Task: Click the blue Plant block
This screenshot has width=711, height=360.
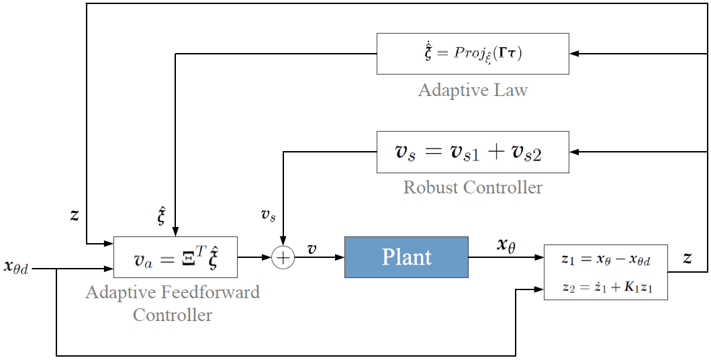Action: [x=406, y=257]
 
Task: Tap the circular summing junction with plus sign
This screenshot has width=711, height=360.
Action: [x=283, y=257]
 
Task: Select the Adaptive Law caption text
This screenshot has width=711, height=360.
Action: [x=473, y=90]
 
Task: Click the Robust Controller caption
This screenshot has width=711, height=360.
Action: [x=473, y=187]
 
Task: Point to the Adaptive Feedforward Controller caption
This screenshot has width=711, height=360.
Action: [x=173, y=303]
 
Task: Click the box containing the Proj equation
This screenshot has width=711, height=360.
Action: [x=473, y=54]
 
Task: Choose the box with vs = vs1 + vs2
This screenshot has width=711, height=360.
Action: [x=473, y=152]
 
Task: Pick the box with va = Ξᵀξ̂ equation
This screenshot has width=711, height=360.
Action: [x=175, y=257]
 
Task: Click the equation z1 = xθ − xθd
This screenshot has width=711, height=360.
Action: [x=606, y=259]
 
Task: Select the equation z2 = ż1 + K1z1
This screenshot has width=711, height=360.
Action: [x=607, y=287]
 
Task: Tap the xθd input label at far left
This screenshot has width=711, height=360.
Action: [x=16, y=267]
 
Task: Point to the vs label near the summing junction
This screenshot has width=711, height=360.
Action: [x=269, y=214]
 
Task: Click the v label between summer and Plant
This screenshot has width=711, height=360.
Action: [x=312, y=249]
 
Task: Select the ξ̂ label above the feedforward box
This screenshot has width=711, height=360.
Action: [x=161, y=217]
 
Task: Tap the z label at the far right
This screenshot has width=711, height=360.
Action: [x=688, y=258]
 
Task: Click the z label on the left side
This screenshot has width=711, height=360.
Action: [x=75, y=215]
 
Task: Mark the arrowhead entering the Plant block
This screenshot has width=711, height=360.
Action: [x=340, y=257]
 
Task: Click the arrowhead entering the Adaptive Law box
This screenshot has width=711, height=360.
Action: [x=574, y=54]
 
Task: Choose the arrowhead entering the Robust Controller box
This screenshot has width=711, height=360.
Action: [x=574, y=152]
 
